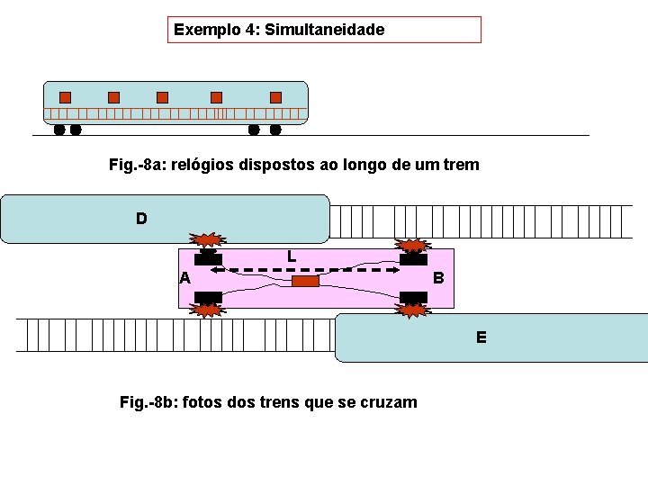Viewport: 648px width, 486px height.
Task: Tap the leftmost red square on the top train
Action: (65, 97)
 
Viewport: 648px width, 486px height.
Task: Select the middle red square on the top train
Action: (162, 97)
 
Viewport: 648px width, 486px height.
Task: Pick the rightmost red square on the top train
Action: (275, 97)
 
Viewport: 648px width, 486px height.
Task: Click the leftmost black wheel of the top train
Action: (59, 130)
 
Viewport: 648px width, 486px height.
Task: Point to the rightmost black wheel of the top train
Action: (275, 130)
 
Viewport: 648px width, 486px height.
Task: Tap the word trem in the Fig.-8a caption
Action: (460, 166)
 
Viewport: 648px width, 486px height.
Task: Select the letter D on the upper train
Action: (141, 218)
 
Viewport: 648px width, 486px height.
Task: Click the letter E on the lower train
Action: (481, 337)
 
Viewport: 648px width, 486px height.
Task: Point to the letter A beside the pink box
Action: (184, 278)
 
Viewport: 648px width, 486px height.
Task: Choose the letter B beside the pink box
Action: (438, 278)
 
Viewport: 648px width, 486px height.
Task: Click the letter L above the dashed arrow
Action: (292, 256)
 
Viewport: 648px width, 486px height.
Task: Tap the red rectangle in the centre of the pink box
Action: (305, 282)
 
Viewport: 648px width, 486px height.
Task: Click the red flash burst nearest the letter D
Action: (209, 240)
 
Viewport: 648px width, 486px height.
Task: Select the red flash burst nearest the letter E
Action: (413, 310)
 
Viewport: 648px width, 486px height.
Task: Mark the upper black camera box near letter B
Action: (413, 260)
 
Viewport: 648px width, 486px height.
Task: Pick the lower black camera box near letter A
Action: (209, 297)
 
